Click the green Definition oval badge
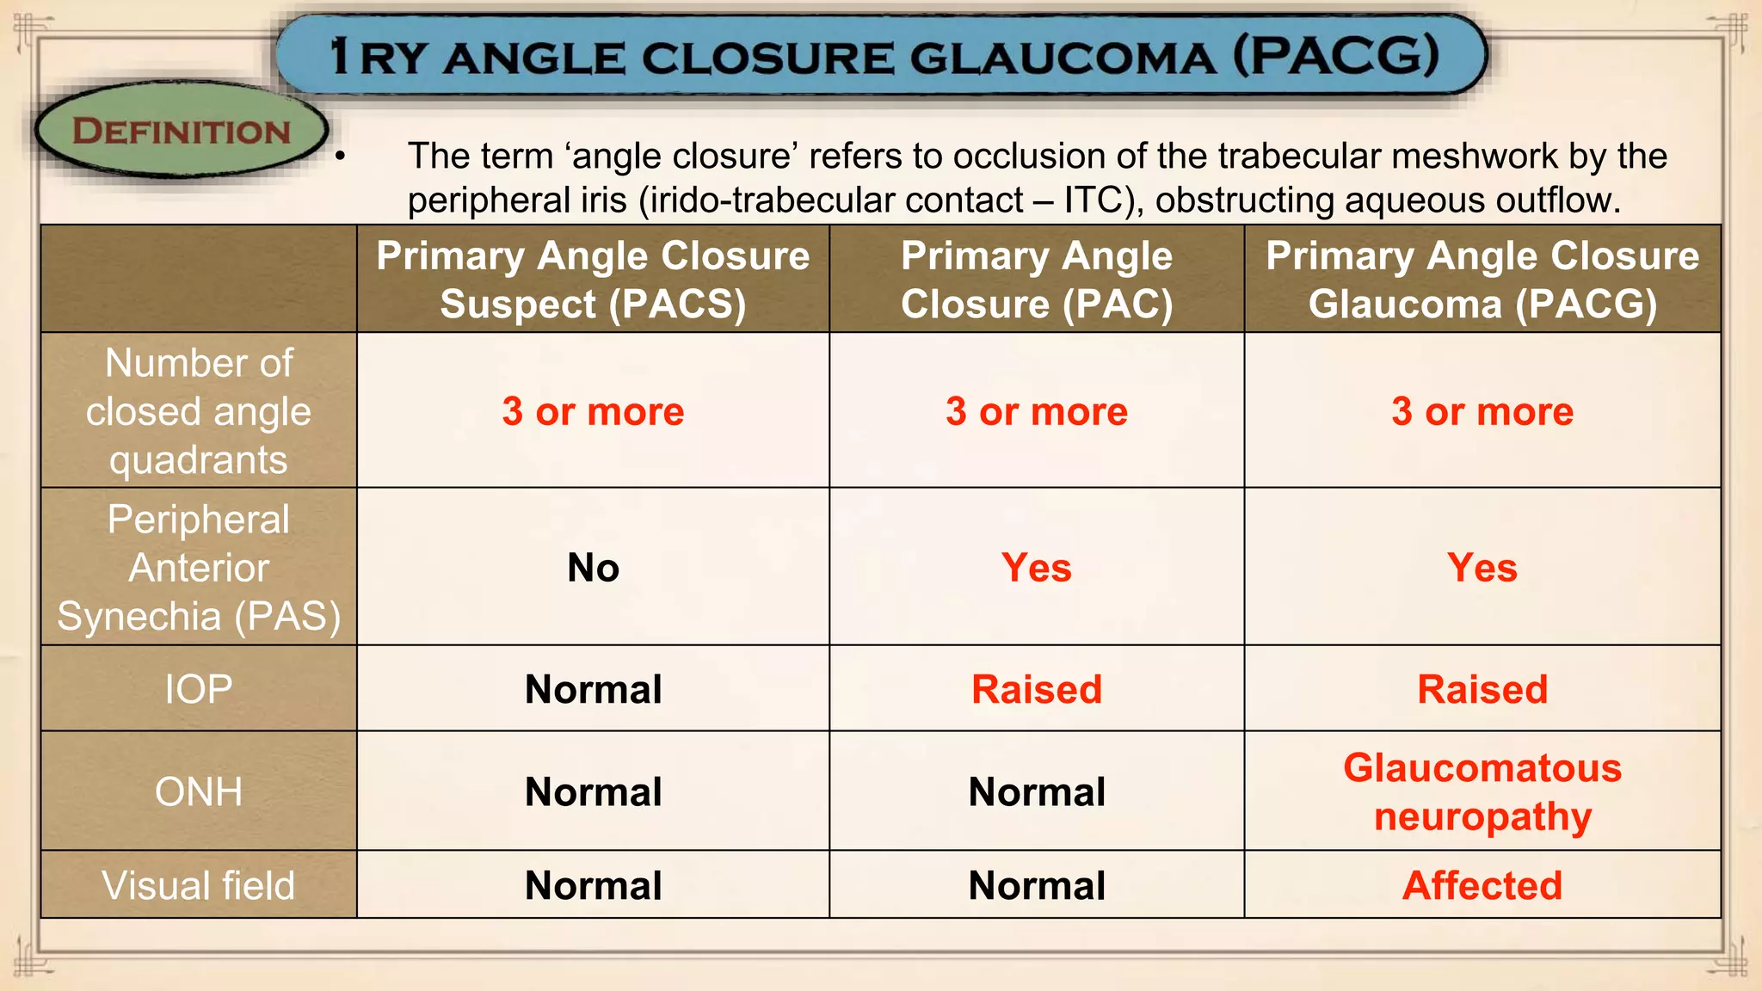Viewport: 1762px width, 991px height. [181, 131]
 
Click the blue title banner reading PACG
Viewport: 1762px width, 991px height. [882, 56]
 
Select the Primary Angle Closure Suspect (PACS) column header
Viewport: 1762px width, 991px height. [593, 280]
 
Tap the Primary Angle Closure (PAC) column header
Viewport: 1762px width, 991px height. [1037, 280]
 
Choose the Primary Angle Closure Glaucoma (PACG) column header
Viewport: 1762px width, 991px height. [1482, 280]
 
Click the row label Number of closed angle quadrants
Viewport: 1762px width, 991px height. [199, 411]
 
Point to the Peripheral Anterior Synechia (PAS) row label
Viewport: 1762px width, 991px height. [199, 568]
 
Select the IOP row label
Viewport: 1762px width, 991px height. [199, 689]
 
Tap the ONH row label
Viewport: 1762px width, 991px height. [199, 791]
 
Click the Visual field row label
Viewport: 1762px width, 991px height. [199, 885]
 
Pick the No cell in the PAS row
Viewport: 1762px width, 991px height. [593, 568]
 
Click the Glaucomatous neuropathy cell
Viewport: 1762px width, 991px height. [1482, 791]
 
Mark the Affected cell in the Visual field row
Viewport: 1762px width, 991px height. [1482, 885]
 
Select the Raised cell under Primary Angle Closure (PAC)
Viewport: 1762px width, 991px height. [1037, 689]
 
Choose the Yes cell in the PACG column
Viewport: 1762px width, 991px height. [1482, 568]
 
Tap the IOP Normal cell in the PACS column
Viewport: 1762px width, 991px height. [593, 689]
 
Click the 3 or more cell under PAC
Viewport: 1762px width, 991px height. [1037, 411]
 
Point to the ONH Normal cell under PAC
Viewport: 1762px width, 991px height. [1037, 791]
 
